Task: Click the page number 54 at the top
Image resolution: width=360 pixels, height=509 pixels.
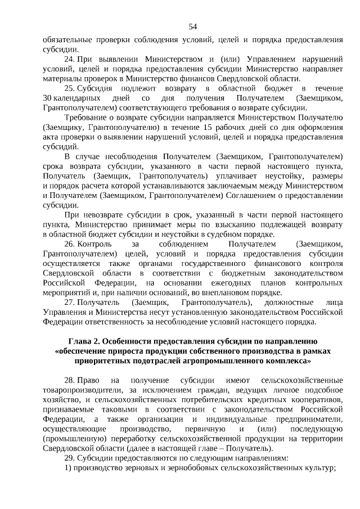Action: tap(193, 26)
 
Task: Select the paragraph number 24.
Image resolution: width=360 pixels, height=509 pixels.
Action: tap(70, 58)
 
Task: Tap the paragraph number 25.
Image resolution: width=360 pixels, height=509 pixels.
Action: tap(70, 88)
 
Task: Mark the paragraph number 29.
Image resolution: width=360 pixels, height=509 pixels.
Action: tap(70, 458)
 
